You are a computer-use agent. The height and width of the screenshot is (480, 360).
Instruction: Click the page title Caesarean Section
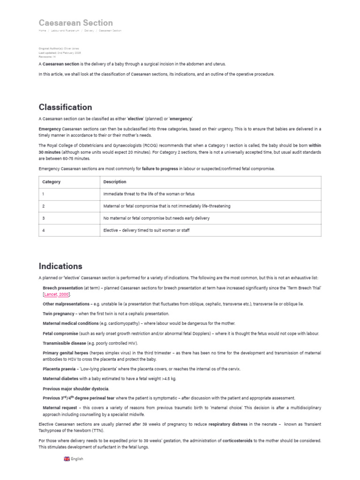(75, 22)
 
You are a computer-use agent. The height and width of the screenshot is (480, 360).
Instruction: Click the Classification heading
(65, 107)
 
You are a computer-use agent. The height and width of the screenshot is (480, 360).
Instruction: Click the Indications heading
(60, 266)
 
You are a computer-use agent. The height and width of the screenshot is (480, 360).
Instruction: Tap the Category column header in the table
(51, 182)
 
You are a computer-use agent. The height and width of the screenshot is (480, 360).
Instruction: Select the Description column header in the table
(114, 182)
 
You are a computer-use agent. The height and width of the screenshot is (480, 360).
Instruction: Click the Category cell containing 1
(43, 194)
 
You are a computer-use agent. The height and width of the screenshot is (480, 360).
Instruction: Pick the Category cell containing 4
(43, 231)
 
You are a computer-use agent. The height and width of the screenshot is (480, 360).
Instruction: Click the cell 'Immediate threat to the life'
(149, 194)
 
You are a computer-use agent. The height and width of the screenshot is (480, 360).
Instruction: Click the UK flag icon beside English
(67, 459)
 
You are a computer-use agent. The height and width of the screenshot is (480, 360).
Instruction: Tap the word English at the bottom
(77, 459)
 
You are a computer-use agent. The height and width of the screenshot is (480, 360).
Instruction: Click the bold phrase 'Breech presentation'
(63, 287)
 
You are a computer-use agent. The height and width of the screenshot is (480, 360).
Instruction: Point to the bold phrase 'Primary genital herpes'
(66, 352)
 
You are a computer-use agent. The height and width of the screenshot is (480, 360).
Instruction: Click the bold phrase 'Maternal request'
(60, 408)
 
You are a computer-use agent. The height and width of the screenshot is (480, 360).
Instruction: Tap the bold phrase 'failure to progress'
(160, 169)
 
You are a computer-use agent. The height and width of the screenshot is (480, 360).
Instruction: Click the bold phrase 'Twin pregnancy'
(59, 314)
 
